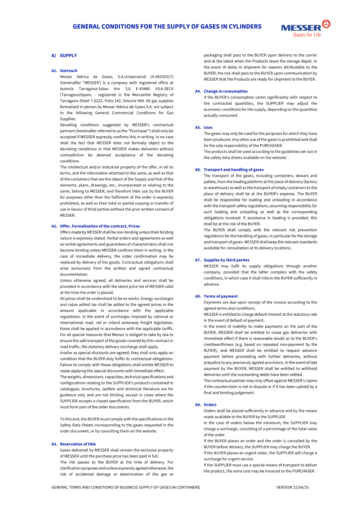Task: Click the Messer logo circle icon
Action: [326, 24]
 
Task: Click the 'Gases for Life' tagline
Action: [307, 35]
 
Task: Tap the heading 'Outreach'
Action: [68, 71]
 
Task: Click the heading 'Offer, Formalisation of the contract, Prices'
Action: [100, 226]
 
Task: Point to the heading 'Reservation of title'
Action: [78, 444]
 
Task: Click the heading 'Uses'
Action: [208, 127]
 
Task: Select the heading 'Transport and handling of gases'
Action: [233, 170]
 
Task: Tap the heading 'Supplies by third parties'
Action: [226, 260]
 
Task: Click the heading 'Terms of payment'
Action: [220, 297]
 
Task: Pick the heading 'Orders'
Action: [210, 405]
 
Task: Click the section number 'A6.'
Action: [198, 170]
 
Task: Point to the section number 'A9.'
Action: [198, 405]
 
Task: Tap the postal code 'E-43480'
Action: [143, 89]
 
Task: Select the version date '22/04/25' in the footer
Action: [301, 487]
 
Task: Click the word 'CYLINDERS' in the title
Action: [243, 27]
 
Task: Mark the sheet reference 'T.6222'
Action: [97, 101]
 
